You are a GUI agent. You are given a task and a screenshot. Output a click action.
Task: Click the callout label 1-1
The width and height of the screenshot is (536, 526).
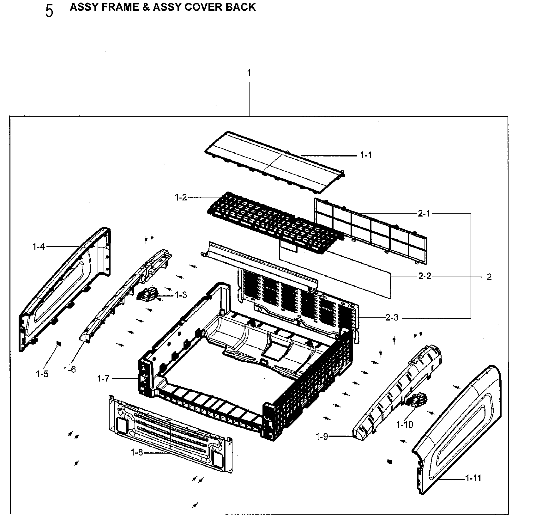pos(366,155)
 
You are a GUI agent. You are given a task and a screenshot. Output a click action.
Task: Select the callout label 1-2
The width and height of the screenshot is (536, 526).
pos(181,198)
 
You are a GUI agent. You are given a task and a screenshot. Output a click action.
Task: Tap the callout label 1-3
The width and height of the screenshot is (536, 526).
pos(181,295)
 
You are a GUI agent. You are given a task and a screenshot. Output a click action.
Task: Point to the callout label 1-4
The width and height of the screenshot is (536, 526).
pos(39,246)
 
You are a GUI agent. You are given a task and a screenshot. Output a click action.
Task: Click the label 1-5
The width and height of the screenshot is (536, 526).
pos(42,374)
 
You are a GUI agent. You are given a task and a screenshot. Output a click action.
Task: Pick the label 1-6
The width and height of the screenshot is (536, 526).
pos(69,369)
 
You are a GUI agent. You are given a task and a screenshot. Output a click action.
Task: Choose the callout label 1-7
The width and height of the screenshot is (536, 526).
pos(103,378)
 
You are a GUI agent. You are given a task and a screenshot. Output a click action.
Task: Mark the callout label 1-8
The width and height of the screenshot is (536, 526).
pos(137,453)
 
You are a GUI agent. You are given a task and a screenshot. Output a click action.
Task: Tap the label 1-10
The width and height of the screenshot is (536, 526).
pos(405,425)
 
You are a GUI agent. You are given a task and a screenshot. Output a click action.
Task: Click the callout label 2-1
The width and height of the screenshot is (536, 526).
pos(424,214)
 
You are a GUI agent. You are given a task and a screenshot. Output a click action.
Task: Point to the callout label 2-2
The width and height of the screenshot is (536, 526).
pos(425,276)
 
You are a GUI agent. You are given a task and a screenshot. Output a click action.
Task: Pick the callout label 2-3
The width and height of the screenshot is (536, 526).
pos(392,317)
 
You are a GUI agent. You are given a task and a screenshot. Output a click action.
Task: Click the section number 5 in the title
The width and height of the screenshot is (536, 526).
pos(49,11)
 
